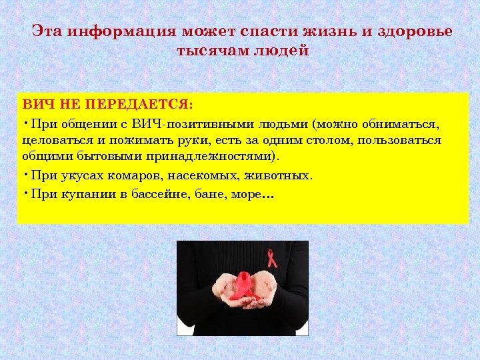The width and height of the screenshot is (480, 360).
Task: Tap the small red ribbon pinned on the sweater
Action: (271, 257)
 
